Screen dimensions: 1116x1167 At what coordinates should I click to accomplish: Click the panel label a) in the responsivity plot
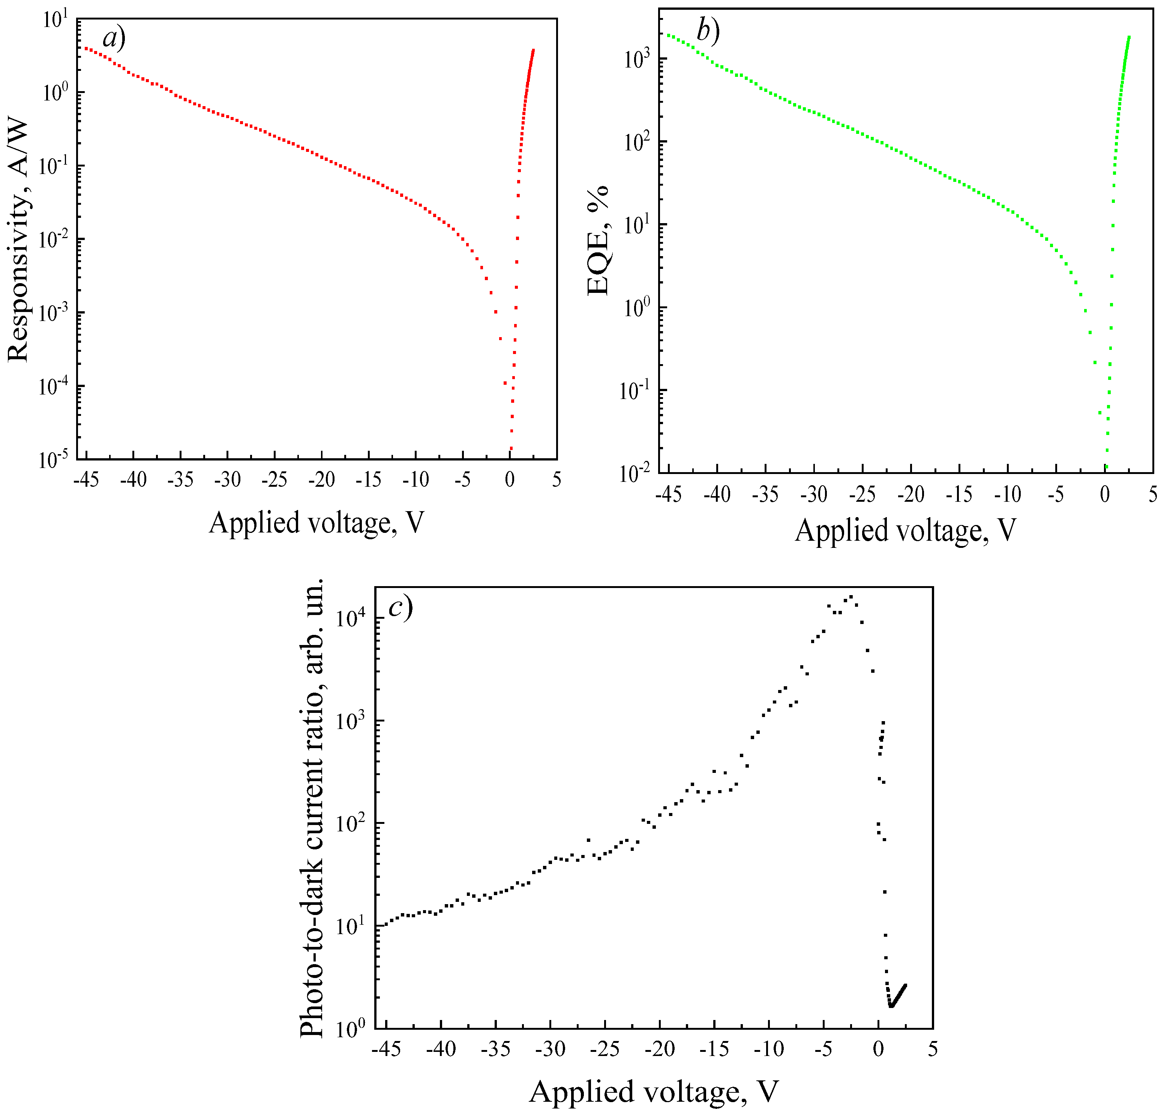tap(114, 38)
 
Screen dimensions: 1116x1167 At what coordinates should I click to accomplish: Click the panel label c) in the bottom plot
tap(400, 607)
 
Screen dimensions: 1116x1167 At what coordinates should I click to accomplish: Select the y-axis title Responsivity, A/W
tap(18, 240)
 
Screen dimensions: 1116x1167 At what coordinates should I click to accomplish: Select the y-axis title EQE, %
tap(598, 240)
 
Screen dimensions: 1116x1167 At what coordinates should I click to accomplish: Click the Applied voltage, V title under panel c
tap(653, 1092)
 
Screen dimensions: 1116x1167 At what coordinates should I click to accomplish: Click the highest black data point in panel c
tap(850, 596)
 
